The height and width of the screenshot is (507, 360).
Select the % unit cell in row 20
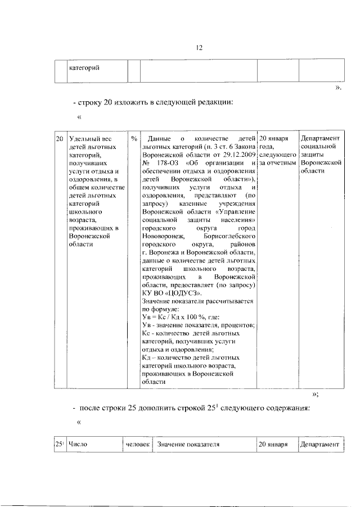[x=134, y=138]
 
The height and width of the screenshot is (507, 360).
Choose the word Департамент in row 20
[x=321, y=138]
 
